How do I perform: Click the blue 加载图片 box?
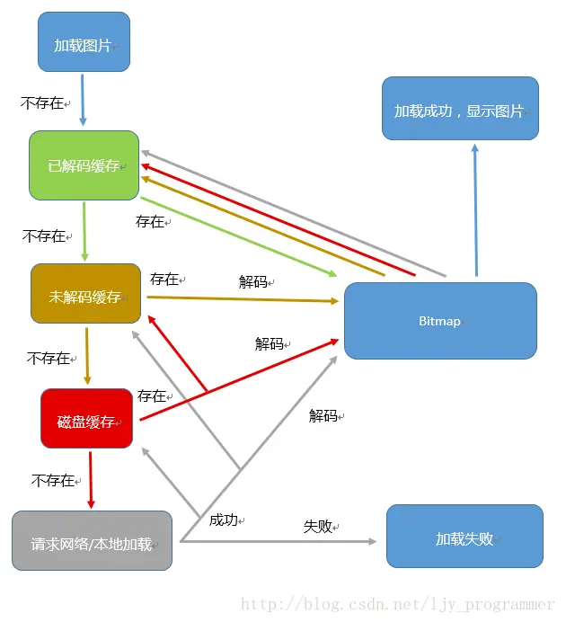(x=84, y=42)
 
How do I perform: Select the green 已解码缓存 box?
(x=84, y=165)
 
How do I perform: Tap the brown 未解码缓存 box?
(x=86, y=295)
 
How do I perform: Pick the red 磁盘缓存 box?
(x=87, y=419)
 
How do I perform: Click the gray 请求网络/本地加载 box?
(x=92, y=541)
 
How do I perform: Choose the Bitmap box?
(x=440, y=320)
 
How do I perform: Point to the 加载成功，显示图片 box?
(x=460, y=109)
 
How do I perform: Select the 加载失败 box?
(x=464, y=537)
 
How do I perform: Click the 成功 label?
(x=223, y=520)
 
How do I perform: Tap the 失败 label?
(x=318, y=527)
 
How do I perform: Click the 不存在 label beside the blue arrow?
(x=42, y=103)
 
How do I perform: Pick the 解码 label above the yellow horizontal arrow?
(x=253, y=281)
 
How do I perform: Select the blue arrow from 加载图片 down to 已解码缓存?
(x=83, y=100)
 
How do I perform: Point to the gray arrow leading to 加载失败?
(x=279, y=541)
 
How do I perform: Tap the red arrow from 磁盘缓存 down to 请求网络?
(x=90, y=479)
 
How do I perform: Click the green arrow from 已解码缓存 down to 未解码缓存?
(x=84, y=231)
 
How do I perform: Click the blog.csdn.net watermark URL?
(x=397, y=605)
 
